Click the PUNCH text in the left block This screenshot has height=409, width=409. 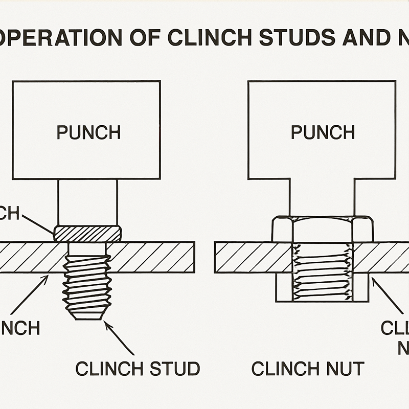[88, 132]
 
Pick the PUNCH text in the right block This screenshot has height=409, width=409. [323, 132]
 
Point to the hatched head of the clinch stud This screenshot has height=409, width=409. [87, 234]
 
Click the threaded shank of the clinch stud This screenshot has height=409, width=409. [87, 286]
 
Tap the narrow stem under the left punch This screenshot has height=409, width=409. [87, 202]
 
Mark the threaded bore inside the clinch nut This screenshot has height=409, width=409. [322, 271]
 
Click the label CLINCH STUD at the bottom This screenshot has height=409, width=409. [137, 368]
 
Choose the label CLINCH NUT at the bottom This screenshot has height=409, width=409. [308, 368]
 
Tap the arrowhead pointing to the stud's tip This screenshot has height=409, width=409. [105, 323]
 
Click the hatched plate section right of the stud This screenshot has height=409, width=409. [151, 257]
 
